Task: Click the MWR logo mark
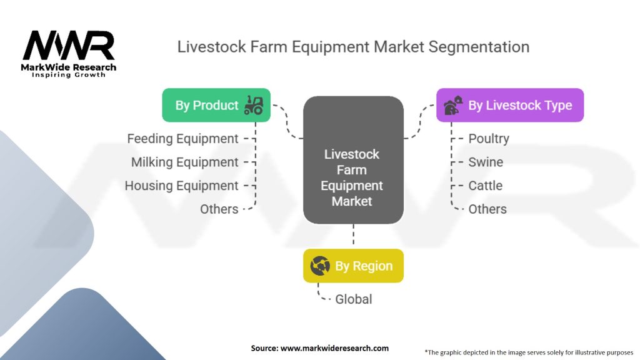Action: coord(69,45)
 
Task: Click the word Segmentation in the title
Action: coord(479,47)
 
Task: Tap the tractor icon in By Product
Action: coord(254,105)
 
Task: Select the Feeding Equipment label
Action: coord(182,139)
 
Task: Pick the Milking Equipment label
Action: coord(184,162)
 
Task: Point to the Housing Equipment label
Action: coord(181,186)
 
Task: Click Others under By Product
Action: coord(219,209)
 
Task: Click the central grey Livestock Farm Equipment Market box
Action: coord(353,160)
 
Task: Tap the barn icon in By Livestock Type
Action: coord(453,105)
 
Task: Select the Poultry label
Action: coord(489,139)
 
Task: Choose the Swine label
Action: coord(485,162)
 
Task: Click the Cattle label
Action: coord(485,186)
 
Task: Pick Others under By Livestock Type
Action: coord(487,209)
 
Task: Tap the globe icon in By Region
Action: coord(320,266)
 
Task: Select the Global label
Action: coord(354,299)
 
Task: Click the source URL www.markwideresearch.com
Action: coord(334,348)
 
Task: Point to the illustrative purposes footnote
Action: coord(529,352)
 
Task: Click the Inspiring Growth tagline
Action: coord(69,75)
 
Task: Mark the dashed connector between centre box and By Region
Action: coord(354,234)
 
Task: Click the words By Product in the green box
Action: coord(206,105)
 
